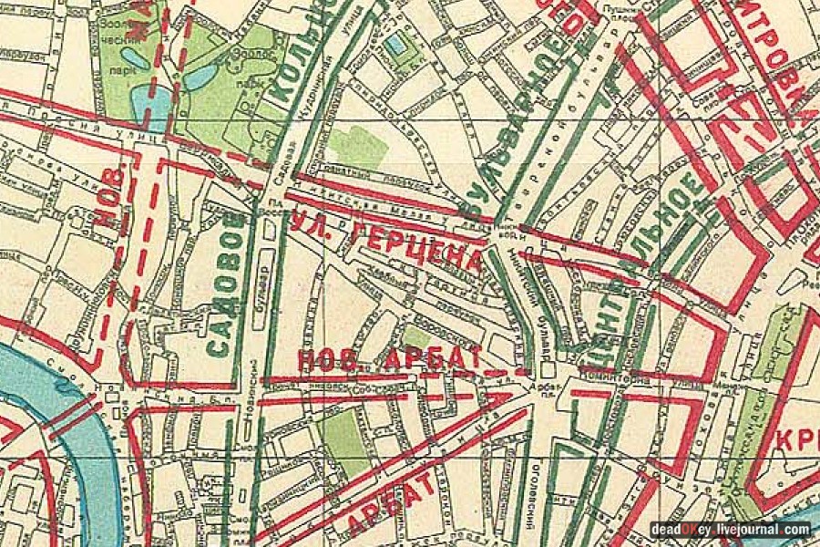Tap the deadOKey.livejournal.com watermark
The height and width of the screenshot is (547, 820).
coord(729,529)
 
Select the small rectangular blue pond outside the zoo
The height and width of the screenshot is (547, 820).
coord(395,43)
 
